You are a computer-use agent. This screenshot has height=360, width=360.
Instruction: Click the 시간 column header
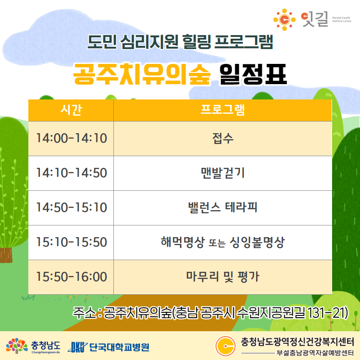[71, 110]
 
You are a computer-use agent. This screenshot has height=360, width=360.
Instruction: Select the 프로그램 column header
[223, 110]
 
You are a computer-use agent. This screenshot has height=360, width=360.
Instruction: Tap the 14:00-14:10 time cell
[71, 139]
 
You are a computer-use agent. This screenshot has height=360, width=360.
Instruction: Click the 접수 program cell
[223, 139]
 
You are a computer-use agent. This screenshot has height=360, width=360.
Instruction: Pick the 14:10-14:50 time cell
[71, 173]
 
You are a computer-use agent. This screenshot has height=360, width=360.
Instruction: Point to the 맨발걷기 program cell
[223, 173]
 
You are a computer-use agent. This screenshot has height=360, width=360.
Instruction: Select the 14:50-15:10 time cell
[71, 208]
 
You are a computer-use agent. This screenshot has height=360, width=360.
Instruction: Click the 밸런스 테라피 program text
[223, 207]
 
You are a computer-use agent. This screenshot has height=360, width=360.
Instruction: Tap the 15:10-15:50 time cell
[71, 243]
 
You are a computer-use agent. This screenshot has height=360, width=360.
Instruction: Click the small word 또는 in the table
[217, 243]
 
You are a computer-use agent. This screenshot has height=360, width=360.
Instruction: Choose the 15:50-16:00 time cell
[71, 277]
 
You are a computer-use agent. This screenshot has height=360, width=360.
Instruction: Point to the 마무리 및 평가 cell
[223, 277]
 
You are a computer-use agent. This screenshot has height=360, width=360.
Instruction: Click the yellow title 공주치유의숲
[142, 74]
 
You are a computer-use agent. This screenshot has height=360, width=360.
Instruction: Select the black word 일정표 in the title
[253, 74]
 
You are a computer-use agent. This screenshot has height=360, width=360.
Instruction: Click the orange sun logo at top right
[284, 20]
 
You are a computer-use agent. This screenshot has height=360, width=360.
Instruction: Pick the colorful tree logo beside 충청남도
[17, 346]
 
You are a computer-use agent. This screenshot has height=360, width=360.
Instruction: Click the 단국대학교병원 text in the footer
[119, 347]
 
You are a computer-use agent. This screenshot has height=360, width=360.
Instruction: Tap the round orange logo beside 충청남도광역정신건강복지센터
[225, 346]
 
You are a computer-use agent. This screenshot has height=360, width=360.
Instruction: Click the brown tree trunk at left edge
[6, 255]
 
